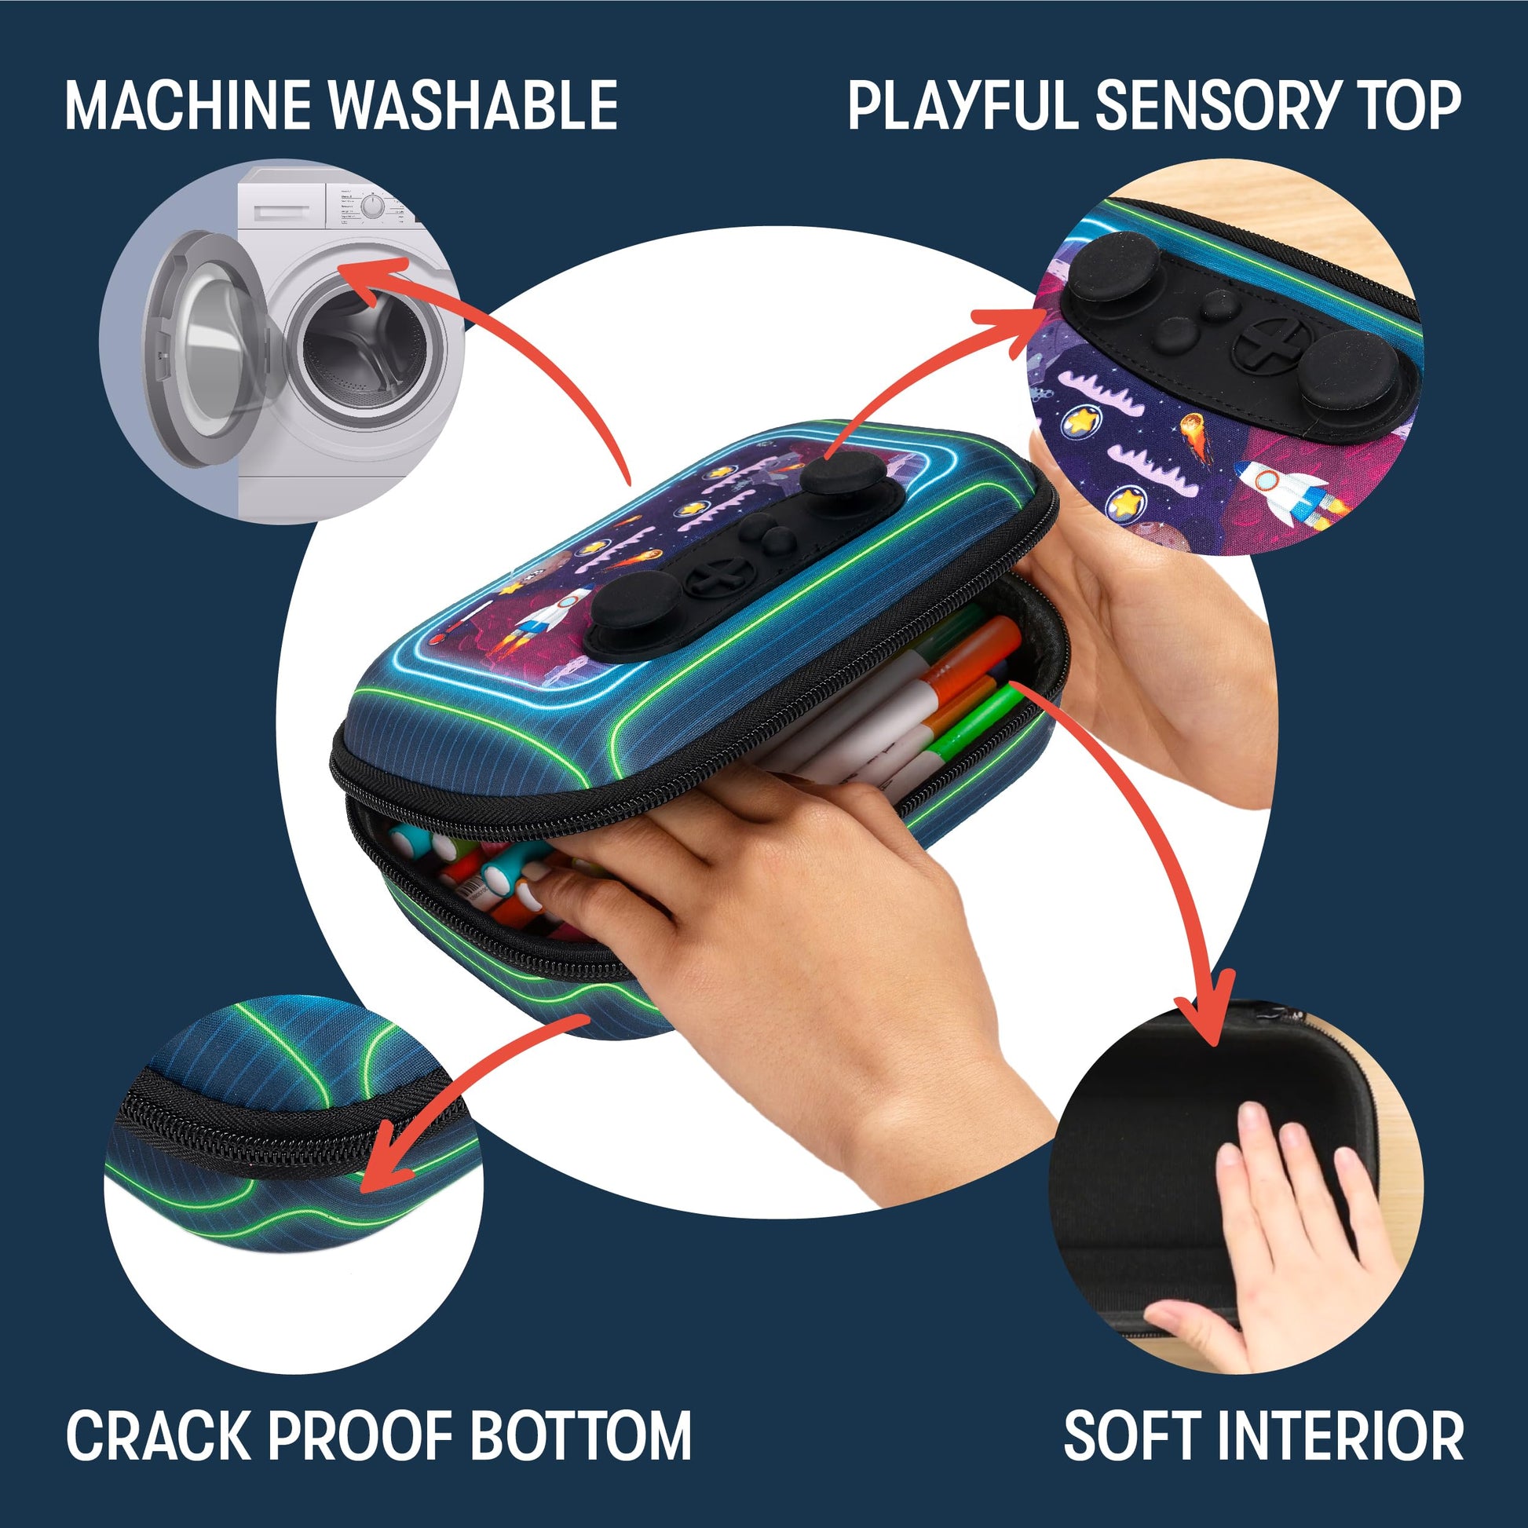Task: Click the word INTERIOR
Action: coord(1341,1435)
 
